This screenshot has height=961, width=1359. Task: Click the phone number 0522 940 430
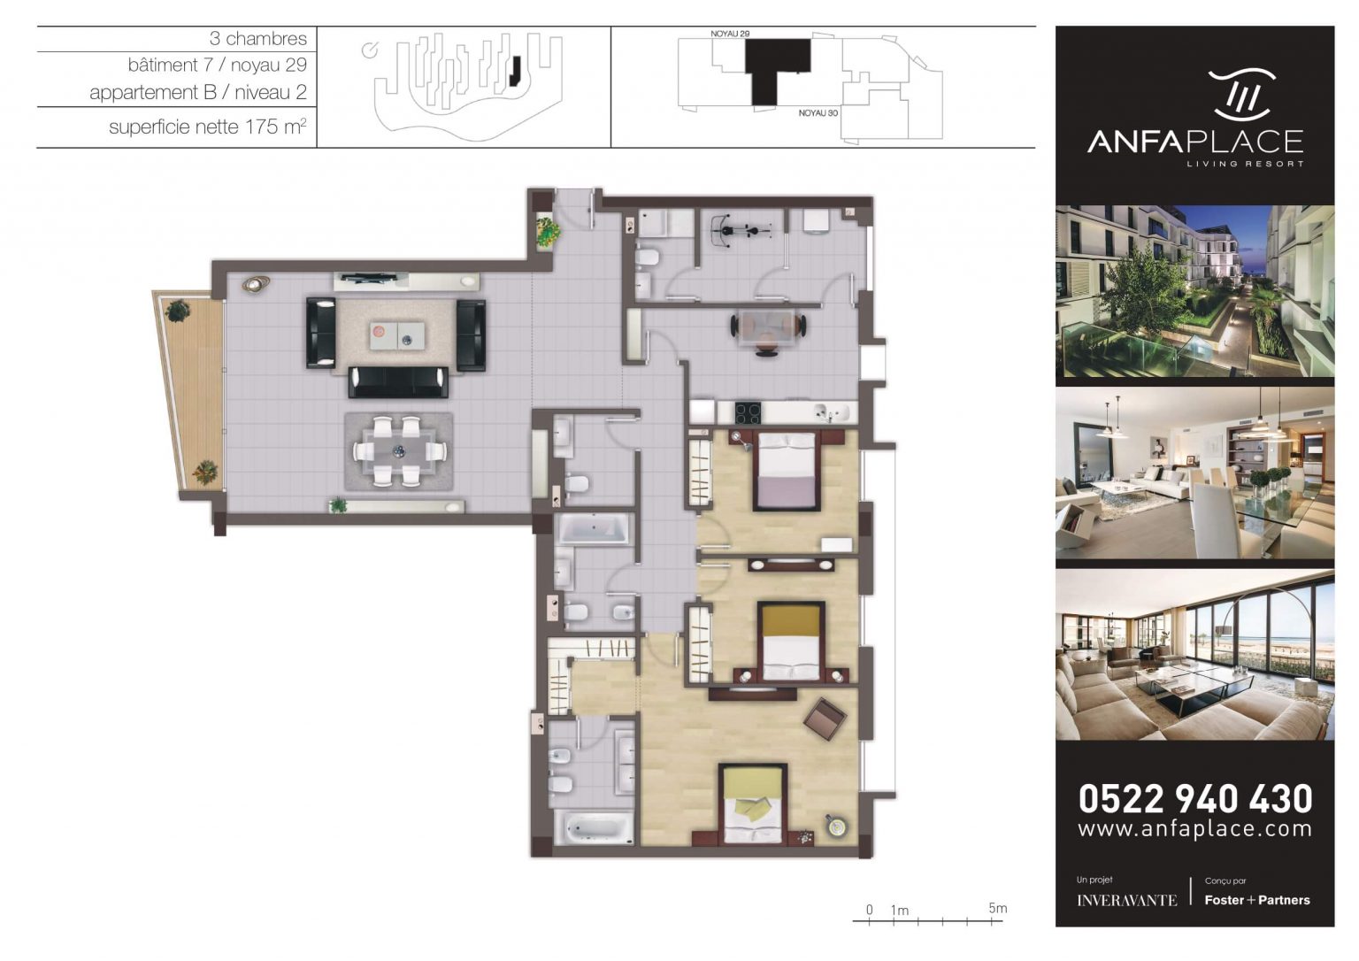pos(1194,798)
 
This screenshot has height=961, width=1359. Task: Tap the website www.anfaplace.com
pos(1194,829)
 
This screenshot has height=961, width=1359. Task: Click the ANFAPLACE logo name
pos(1194,142)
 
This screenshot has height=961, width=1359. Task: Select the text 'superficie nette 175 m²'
pos(207,127)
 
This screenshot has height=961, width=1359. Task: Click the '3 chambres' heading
pos(257,39)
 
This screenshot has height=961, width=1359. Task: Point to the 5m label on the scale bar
pos(997,908)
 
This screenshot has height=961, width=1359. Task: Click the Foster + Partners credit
pos(1256,900)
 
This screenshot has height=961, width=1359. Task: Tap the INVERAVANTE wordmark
pos(1126,901)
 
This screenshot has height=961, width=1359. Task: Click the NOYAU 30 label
pos(818,113)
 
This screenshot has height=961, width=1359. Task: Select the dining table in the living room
pos(398,451)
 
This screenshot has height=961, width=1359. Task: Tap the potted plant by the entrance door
pos(548,233)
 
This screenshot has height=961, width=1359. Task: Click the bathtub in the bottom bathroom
pos(594,828)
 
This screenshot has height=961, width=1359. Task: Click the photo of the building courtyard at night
pos(1194,291)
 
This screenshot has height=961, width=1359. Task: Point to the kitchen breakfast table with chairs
pos(767,328)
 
